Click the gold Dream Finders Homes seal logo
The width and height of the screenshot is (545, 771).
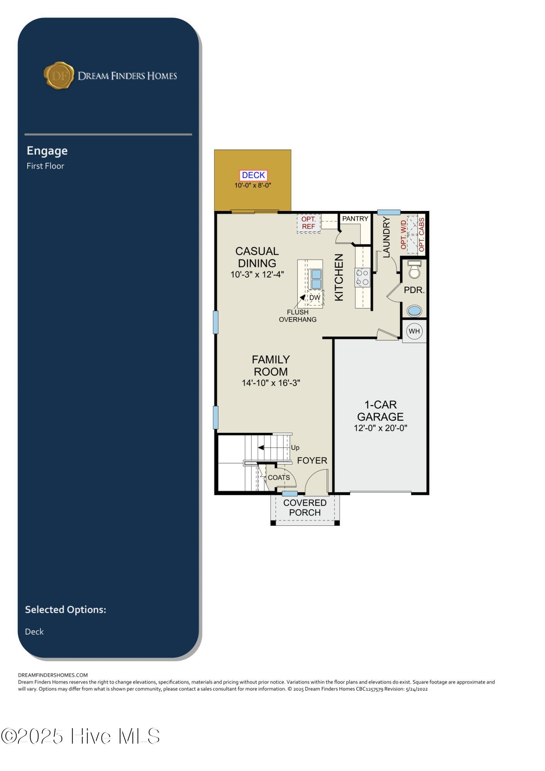(x=59, y=75)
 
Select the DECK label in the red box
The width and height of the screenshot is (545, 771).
(x=253, y=175)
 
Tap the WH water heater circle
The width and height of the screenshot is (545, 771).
(x=414, y=331)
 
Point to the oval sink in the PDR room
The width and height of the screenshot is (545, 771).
(x=414, y=310)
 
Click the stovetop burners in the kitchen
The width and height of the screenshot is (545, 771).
(x=362, y=277)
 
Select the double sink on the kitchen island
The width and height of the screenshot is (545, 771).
(x=316, y=278)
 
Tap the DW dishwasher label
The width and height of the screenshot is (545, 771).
(x=315, y=298)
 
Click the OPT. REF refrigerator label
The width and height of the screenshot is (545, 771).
(x=309, y=223)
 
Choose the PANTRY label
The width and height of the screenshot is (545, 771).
(x=355, y=219)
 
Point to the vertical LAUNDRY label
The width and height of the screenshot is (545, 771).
(x=386, y=237)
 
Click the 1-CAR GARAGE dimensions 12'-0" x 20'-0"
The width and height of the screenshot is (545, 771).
(x=381, y=428)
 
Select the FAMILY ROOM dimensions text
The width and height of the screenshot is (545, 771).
(x=271, y=383)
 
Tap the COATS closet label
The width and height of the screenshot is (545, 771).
(x=279, y=477)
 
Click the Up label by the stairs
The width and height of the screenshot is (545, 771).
(x=295, y=448)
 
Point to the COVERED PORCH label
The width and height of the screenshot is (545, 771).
(x=305, y=508)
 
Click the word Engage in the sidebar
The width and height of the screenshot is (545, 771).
(x=47, y=151)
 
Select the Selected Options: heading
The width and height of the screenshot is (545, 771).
(x=66, y=609)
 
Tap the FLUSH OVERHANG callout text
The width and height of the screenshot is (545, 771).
(x=298, y=315)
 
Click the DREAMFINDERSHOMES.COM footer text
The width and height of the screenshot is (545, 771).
(x=53, y=675)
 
